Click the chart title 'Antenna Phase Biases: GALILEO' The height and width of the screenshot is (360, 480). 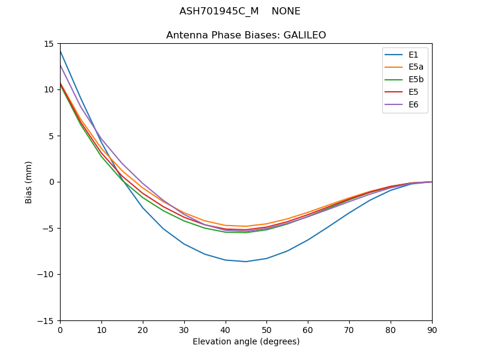pos(246,35)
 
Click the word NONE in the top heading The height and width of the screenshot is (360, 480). pos(286,11)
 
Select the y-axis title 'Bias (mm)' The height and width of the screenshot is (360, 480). pos(29,182)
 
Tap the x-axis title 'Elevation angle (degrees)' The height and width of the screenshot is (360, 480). pos(246,342)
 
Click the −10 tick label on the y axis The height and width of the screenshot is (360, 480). pos(46,274)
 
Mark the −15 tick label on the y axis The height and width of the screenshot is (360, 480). pos(46,320)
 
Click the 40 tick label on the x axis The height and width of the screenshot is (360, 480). pos(226,329)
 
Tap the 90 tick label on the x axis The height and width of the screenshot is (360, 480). pos(432,329)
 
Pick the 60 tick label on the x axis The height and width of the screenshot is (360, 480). pos(308,329)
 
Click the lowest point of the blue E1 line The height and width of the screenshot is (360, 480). pos(246,262)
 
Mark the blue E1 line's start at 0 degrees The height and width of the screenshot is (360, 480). pos(60,51)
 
